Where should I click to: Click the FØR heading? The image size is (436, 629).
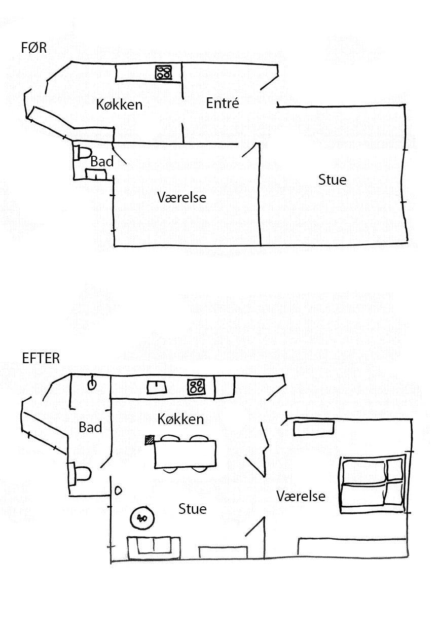click(34, 48)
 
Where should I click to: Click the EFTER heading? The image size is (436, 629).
click(41, 358)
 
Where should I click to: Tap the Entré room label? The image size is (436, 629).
click(222, 103)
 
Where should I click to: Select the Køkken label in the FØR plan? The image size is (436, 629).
click(119, 105)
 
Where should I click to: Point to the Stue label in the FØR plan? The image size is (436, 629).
click(332, 180)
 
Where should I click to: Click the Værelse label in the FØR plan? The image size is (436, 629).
click(181, 197)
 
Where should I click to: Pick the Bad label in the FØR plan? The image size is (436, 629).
click(101, 162)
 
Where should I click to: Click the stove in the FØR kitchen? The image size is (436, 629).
click(163, 73)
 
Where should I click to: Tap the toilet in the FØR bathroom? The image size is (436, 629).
click(82, 152)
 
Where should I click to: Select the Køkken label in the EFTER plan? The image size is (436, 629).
click(180, 419)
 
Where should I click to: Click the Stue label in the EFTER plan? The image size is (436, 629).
click(192, 509)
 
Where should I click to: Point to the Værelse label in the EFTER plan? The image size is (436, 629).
click(301, 496)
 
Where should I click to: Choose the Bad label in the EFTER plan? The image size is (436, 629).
click(90, 427)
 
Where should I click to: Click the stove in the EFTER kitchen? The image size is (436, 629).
click(196, 387)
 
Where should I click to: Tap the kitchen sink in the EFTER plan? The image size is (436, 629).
click(157, 388)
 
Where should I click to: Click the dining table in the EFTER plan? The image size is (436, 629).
click(185, 454)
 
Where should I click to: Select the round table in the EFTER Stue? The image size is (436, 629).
click(141, 518)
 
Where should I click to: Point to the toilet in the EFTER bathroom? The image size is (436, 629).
click(82, 474)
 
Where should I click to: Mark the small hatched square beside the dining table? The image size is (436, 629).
click(150, 440)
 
